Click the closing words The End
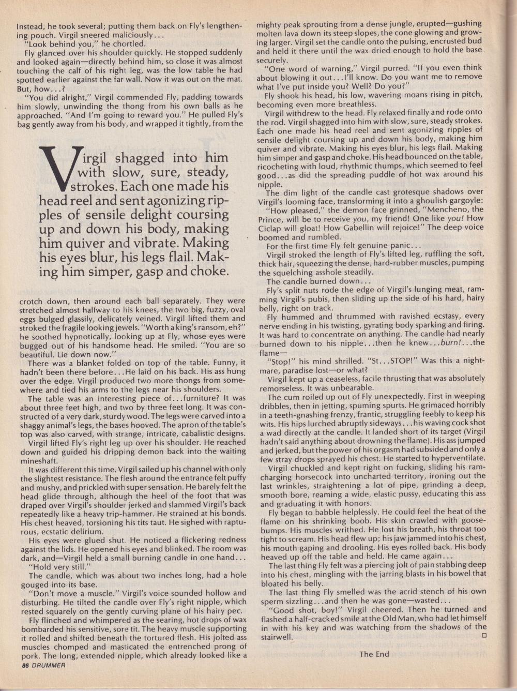click(x=374, y=654)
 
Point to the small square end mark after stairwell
click(x=484, y=636)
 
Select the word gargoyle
click(x=463, y=201)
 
